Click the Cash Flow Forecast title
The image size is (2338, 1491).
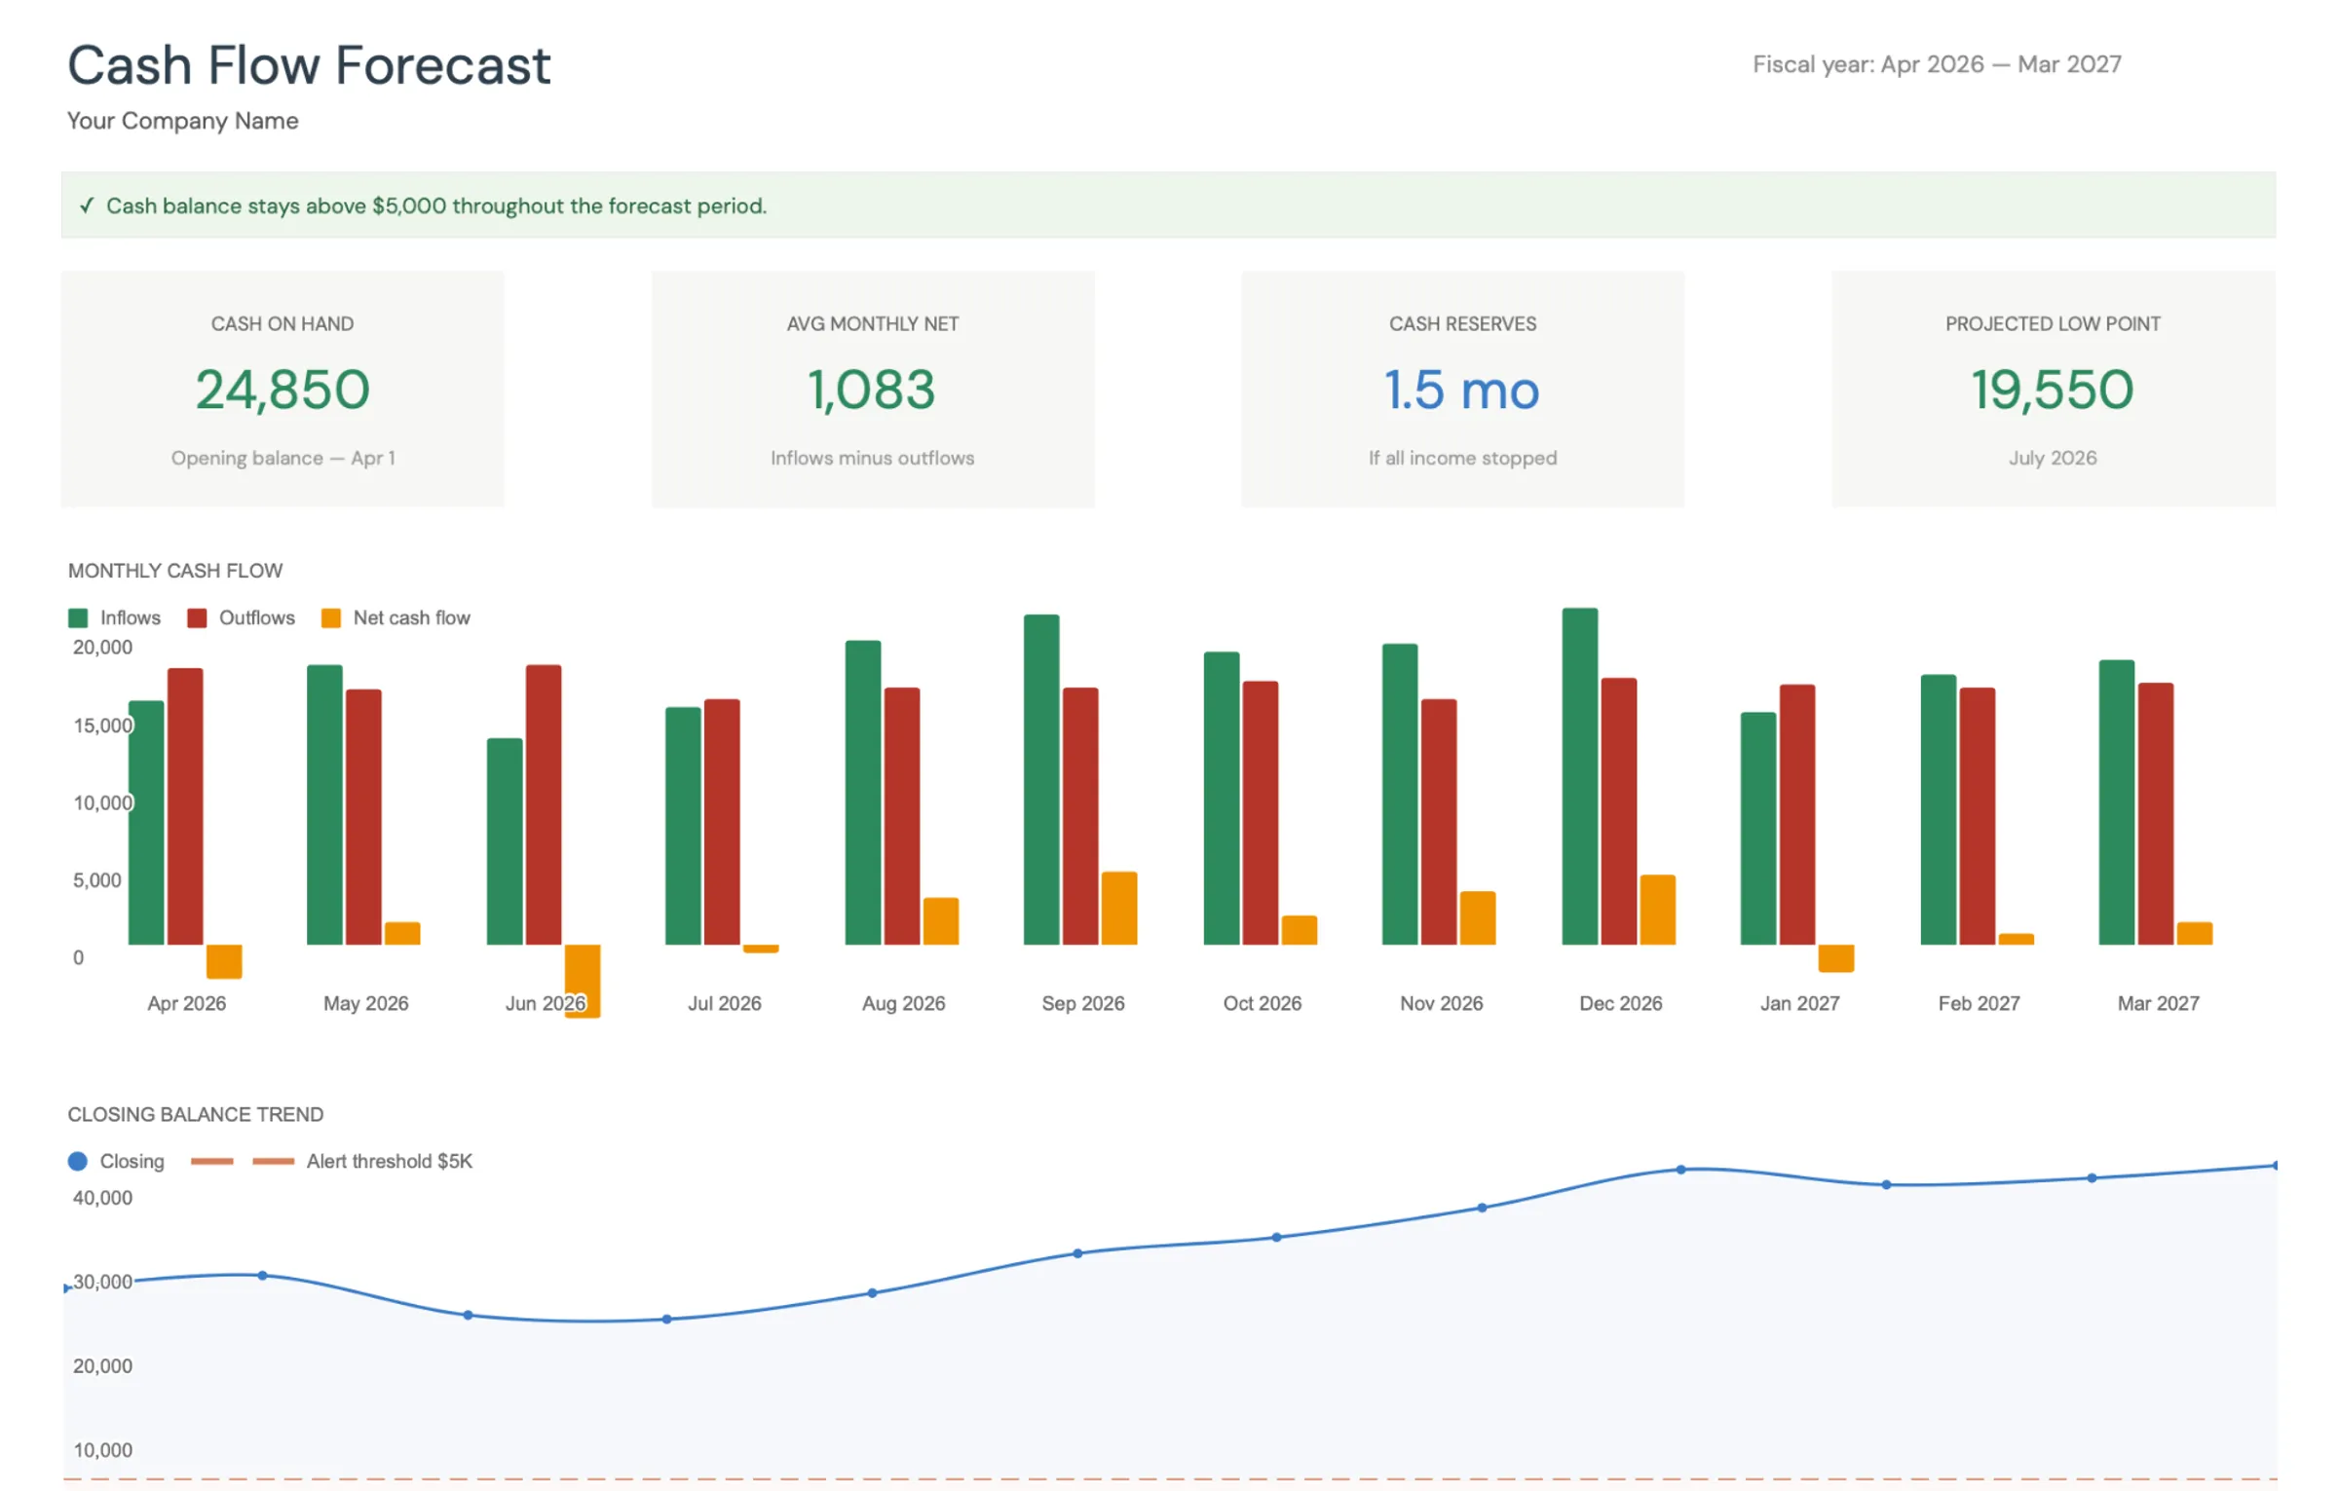308,66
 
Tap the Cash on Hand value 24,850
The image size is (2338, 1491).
283,390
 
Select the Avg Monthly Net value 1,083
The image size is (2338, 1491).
872,390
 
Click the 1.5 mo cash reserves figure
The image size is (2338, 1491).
1461,390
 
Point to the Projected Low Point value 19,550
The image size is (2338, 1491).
2052,390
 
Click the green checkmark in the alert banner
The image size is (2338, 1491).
87,205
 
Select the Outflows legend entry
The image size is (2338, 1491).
255,617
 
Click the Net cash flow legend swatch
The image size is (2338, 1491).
331,617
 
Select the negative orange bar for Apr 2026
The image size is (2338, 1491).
224,961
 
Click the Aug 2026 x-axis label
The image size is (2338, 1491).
903,1003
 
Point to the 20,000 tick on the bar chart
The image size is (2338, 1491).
102,648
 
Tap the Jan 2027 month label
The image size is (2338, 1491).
1798,1003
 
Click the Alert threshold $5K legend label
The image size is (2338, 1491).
389,1161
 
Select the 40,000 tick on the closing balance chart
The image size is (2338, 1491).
102,1198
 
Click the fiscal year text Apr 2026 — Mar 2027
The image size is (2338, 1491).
1936,64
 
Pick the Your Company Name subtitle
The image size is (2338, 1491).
182,121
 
